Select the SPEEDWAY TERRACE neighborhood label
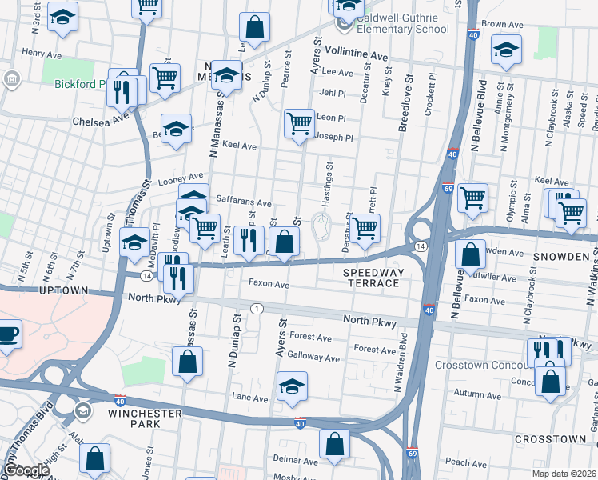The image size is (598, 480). [x=372, y=278]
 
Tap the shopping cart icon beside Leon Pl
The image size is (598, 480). [x=299, y=124]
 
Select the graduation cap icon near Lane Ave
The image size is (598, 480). [x=292, y=386]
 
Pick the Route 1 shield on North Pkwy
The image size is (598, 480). [x=256, y=308]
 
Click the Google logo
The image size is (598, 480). [x=26, y=470]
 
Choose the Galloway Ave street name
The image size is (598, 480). [x=313, y=358]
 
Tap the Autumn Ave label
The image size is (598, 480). [x=476, y=395]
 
